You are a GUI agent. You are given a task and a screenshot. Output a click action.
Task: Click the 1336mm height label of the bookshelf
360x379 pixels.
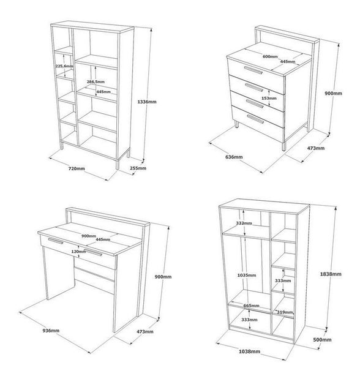tap(147, 102)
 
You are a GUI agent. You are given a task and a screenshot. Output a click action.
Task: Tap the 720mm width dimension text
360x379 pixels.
tap(77, 168)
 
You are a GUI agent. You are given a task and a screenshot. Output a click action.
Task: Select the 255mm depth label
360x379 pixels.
tap(138, 168)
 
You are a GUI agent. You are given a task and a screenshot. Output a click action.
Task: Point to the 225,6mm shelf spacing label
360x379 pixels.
tap(64, 66)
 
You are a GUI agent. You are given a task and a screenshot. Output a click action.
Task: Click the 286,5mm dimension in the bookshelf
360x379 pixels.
tap(96, 81)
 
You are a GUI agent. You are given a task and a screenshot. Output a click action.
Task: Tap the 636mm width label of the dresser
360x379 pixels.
tap(234, 157)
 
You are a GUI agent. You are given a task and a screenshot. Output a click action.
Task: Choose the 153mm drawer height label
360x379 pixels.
tap(269, 98)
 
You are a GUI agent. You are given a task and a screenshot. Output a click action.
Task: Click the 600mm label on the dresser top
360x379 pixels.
tap(270, 56)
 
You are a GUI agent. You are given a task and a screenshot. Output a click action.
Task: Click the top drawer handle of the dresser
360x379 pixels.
tap(253, 70)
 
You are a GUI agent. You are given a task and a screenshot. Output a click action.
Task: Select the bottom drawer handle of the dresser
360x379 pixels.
tap(255, 119)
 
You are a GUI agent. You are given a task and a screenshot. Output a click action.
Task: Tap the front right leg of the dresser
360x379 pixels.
tap(284, 146)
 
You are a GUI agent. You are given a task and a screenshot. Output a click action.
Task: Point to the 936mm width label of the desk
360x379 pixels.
tap(51, 331)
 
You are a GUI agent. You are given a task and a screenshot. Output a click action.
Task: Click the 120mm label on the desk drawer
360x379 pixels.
tap(78, 252)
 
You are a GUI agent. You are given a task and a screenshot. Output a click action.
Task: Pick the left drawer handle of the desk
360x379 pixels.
tap(56, 241)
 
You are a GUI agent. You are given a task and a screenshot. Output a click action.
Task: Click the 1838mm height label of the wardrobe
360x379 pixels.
tap(331, 274)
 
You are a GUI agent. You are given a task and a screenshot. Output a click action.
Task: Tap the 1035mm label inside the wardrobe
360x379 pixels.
tap(246, 275)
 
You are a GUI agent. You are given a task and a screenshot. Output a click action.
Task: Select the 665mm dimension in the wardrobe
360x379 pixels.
tap(251, 306)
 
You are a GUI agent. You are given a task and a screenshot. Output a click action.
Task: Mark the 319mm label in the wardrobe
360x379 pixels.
tap(285, 312)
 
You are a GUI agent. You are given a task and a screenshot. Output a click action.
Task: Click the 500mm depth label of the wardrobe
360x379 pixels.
tap(322, 340)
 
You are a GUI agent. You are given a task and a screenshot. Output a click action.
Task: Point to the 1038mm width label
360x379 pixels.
tap(249, 351)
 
